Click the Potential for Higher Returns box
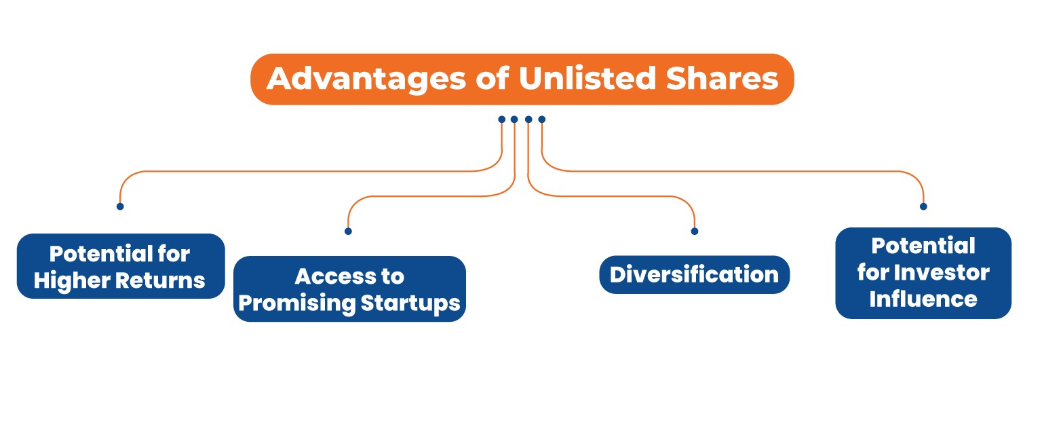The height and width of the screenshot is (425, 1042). (x=120, y=266)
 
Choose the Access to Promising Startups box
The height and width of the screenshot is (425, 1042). (x=349, y=289)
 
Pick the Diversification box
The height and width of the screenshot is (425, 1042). (x=694, y=274)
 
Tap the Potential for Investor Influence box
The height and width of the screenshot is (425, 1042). (x=923, y=273)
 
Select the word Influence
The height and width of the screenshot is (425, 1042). (x=923, y=299)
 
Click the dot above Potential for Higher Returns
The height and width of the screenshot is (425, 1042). (x=120, y=206)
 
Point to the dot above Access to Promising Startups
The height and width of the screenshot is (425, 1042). (x=348, y=231)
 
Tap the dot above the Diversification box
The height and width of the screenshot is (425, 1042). (x=694, y=231)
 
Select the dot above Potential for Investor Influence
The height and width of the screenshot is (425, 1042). (x=923, y=206)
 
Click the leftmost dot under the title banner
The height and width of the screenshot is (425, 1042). (x=501, y=119)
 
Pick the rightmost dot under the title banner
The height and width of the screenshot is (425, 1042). (x=541, y=119)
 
